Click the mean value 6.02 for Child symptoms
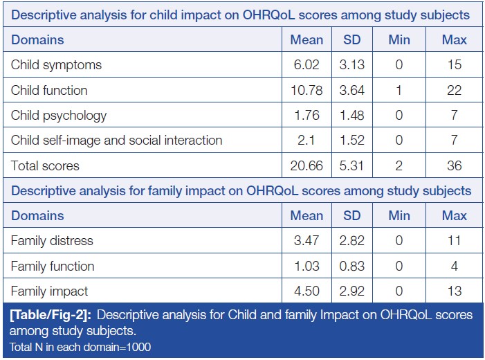click(306, 65)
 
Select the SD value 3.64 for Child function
click(352, 90)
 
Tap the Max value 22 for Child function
click(454, 90)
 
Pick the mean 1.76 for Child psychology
click(306, 115)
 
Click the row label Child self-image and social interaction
click(116, 140)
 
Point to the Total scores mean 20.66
click(306, 165)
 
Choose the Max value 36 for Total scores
click(454, 165)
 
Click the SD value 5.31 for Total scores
click(352, 165)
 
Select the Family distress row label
click(52, 241)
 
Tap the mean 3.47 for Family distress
click(306, 241)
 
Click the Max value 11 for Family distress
click(454, 241)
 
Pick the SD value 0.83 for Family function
click(352, 266)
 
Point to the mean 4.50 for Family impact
click(306, 291)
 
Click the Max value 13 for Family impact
click(454, 291)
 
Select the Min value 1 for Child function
click(399, 90)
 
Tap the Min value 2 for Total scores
click(399, 165)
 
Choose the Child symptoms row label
click(56, 65)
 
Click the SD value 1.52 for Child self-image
click(352, 140)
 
